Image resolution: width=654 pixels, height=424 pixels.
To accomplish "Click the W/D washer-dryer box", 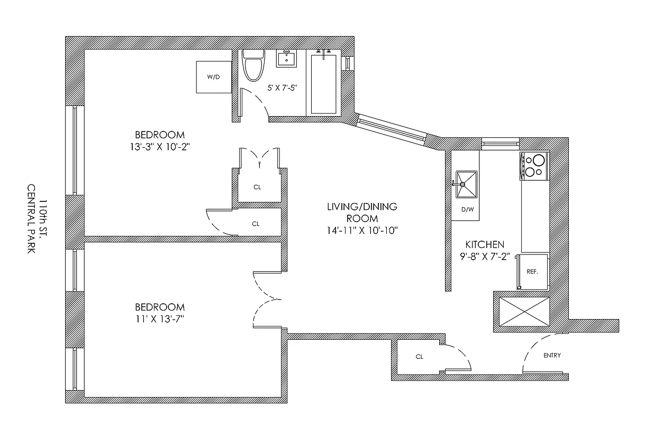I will (x=213, y=77).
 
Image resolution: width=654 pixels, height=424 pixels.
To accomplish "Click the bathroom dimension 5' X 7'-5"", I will (x=279, y=88).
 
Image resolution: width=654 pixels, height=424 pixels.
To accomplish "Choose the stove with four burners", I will (x=534, y=165).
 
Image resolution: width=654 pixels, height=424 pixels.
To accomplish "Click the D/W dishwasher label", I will (x=467, y=209).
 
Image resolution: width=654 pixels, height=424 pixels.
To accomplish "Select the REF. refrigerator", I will (x=532, y=271).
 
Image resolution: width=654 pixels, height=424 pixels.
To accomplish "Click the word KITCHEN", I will (x=484, y=244).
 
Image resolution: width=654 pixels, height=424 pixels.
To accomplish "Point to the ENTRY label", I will (x=552, y=356).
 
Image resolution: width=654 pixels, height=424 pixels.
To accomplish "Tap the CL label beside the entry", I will (x=420, y=357).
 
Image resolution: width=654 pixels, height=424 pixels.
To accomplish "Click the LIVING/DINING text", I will (x=362, y=207).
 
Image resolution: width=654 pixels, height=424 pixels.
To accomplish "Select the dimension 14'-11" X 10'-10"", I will (x=362, y=230).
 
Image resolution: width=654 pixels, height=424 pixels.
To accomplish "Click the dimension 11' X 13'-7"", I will (x=160, y=319).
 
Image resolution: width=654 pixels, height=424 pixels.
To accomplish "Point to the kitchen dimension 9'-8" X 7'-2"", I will (x=484, y=255).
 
